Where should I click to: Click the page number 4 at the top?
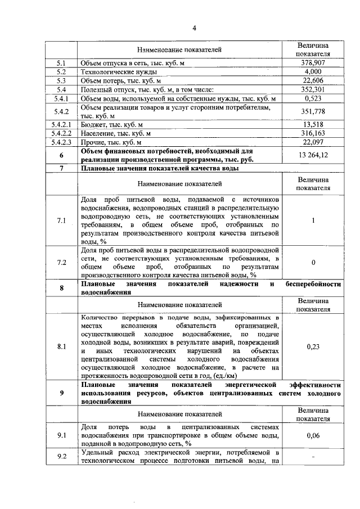pos(194,29)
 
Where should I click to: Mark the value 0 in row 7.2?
pos(313,262)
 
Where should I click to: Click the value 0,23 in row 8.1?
pos(313,347)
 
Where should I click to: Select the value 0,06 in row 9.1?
pos(313,435)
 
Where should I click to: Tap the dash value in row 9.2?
pos(313,457)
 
